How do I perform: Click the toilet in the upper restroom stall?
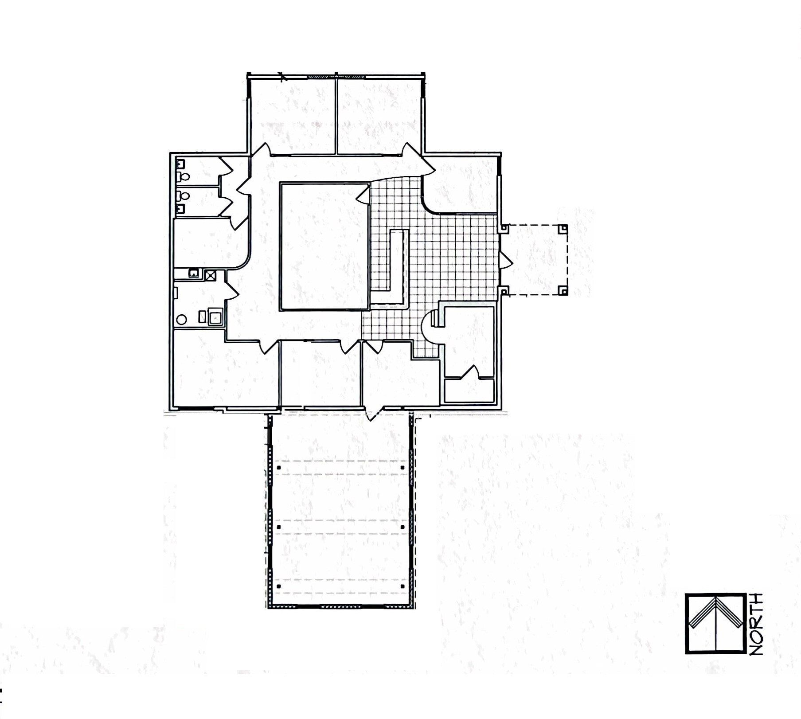click(x=184, y=177)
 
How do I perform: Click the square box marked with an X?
click(x=210, y=276)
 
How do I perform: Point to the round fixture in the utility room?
click(x=181, y=319)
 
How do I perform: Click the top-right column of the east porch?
click(x=563, y=229)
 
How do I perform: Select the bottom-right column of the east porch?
click(x=563, y=291)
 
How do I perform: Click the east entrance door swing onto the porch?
click(x=506, y=260)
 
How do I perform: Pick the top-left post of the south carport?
click(x=279, y=468)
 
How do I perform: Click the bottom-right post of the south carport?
click(x=402, y=586)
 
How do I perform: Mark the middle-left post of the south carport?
click(x=279, y=527)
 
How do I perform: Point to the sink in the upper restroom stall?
click(x=180, y=164)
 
